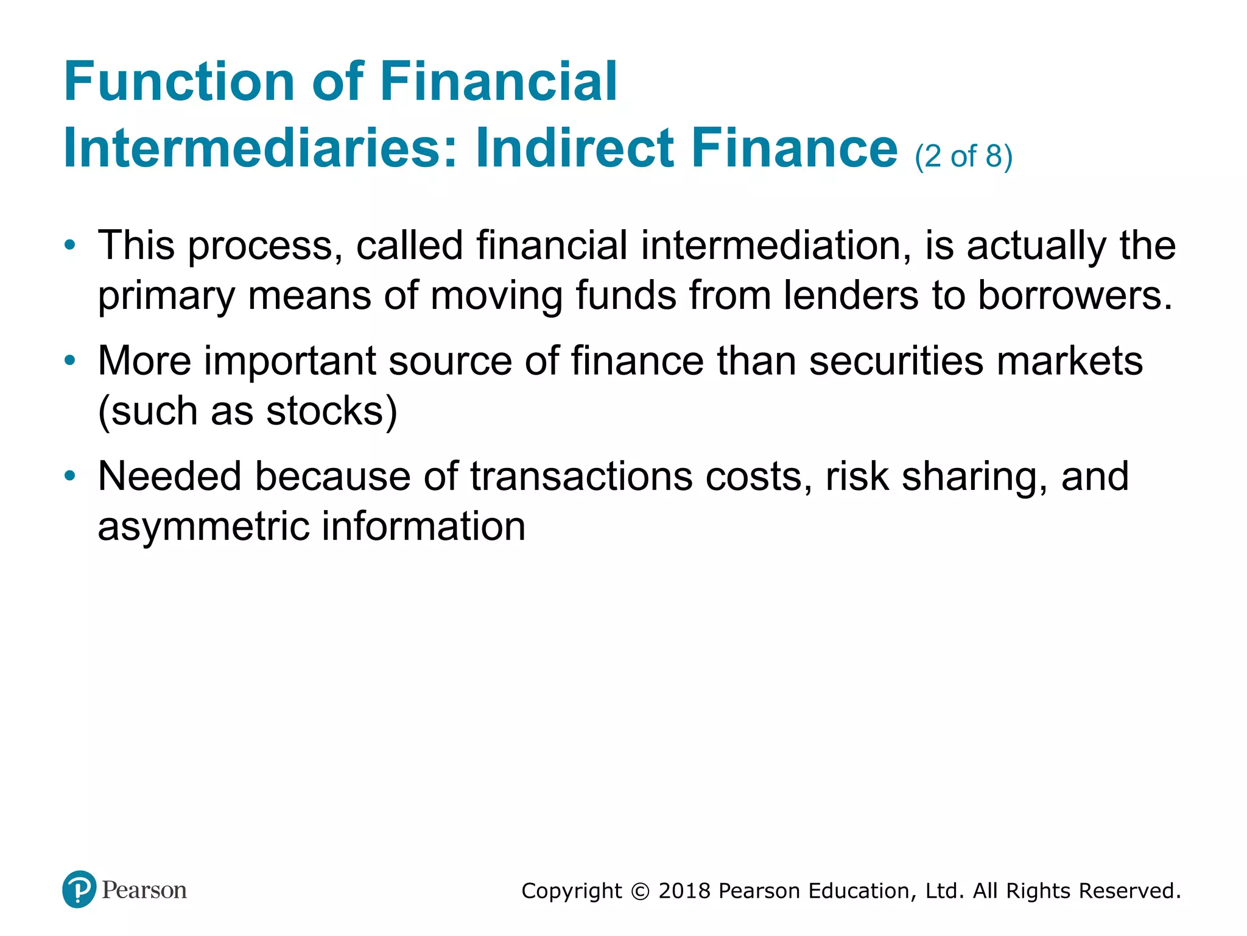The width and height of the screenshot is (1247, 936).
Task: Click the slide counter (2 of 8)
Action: coord(963,156)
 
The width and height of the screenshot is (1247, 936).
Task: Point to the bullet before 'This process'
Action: coord(71,246)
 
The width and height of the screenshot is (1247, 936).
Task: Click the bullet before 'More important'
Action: coord(71,361)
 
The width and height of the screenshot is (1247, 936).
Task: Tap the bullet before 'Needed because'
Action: coord(71,476)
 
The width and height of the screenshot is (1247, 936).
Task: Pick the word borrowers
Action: coord(1075,296)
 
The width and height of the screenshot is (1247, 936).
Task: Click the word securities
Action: coord(896,361)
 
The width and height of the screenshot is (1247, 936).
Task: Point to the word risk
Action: coord(857,476)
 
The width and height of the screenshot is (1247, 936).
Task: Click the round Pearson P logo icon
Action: coord(79,890)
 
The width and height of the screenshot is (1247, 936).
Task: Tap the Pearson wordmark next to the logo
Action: coord(144,890)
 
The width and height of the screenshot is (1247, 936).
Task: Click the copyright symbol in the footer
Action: coord(640,892)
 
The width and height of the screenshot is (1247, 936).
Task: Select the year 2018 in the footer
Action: coord(684,891)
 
